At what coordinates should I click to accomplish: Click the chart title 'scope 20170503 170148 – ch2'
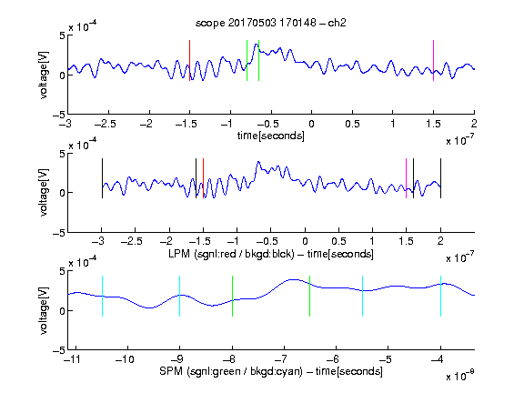[271, 23]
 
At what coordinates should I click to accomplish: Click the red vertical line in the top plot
[189, 60]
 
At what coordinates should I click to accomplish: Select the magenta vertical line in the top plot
[433, 60]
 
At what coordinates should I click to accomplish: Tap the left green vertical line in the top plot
[247, 60]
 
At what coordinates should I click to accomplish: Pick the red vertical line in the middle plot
[203, 178]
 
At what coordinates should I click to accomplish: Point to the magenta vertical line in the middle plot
[406, 178]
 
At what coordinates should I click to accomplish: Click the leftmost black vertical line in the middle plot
[102, 178]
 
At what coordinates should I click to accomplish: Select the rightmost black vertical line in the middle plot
[440, 178]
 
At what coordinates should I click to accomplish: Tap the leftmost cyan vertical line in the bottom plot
[102, 296]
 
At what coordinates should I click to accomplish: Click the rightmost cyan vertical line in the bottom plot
[440, 296]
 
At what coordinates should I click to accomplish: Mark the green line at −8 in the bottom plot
[232, 296]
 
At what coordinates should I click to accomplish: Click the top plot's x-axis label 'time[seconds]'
[271, 136]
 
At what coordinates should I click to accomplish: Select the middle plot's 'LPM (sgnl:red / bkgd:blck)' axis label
[231, 254]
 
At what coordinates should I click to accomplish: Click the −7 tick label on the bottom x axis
[281, 359]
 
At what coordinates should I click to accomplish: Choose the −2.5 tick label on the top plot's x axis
[106, 124]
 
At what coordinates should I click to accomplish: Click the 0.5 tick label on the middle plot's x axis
[338, 241]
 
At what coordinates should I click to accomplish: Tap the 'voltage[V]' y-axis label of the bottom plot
[44, 310]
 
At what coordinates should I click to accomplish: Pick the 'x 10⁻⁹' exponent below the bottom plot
[459, 376]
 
